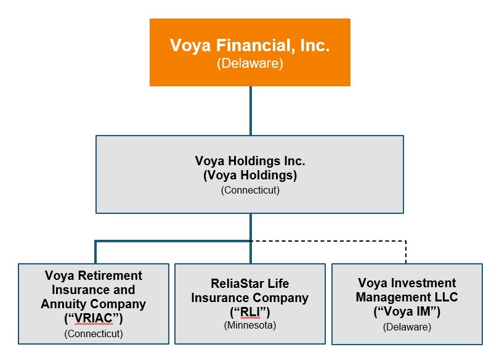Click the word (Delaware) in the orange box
[x=249, y=63]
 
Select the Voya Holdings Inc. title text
[x=249, y=161]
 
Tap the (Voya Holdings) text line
[x=249, y=175]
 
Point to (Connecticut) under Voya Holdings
[x=249, y=190]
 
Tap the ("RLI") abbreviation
[x=249, y=312]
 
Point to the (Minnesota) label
[x=249, y=325]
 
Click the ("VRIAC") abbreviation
[x=94, y=318]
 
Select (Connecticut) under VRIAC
[x=94, y=334]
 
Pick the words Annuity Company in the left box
[x=94, y=304]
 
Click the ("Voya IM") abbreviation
[x=407, y=312]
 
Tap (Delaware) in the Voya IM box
[x=407, y=327]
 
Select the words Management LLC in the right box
[x=407, y=298]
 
